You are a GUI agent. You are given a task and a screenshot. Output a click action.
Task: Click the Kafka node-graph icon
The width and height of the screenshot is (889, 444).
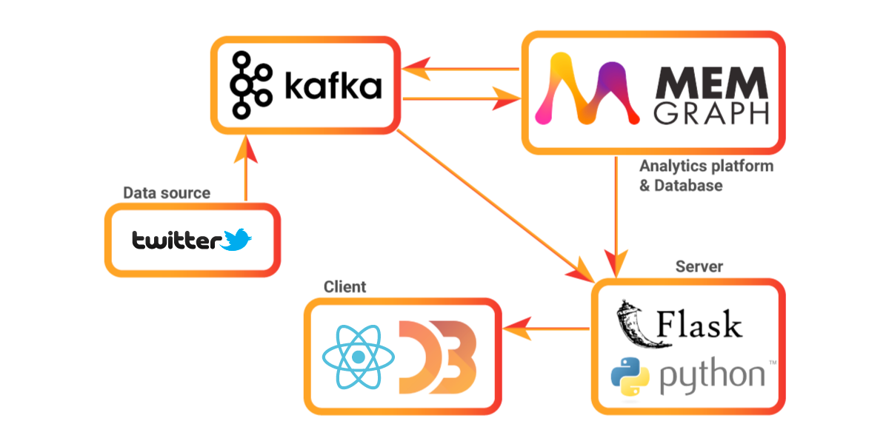point(250,86)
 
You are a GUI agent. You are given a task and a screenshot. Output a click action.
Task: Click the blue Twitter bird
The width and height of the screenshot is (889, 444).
point(237,239)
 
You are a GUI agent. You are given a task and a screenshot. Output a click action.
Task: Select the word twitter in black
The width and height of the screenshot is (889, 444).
point(176,240)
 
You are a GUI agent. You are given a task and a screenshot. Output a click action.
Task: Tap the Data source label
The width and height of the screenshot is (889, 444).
point(166,193)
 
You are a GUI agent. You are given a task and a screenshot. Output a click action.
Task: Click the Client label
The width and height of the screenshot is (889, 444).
point(344,287)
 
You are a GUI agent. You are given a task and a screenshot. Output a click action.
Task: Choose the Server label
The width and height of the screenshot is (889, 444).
point(699,266)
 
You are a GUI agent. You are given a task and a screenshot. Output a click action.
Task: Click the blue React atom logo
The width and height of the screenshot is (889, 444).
point(358,357)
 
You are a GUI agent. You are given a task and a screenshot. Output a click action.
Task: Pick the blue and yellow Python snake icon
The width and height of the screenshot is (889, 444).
point(630,375)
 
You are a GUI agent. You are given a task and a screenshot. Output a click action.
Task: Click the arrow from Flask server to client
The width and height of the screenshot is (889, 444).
point(545,328)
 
